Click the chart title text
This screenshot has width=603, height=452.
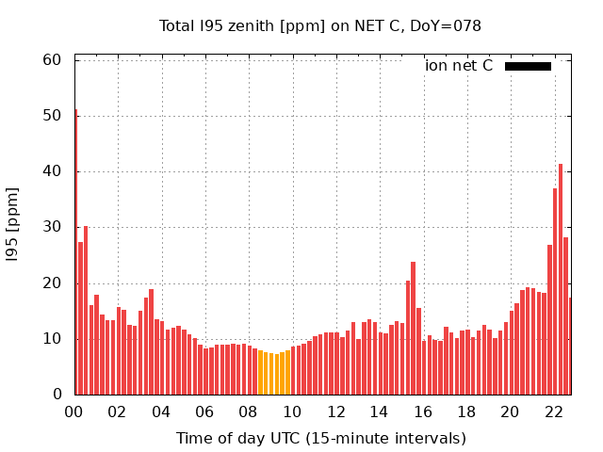tap(320, 26)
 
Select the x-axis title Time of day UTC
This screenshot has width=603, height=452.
tap(320, 438)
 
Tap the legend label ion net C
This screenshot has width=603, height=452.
tap(459, 66)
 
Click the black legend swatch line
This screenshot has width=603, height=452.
tap(528, 66)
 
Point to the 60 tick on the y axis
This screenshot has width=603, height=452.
tap(53, 60)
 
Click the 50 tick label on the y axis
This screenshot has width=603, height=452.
tap(53, 116)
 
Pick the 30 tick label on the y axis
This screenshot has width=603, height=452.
tap(53, 227)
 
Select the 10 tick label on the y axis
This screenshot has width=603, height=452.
tap(53, 338)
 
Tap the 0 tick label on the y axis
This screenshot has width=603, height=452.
tap(57, 394)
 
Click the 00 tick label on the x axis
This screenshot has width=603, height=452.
tap(74, 412)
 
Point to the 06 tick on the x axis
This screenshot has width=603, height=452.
tap(205, 412)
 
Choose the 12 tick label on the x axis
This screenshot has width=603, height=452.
tap(336, 412)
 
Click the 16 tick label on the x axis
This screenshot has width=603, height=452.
tap(423, 412)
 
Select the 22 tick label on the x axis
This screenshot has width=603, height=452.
tap(554, 412)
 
